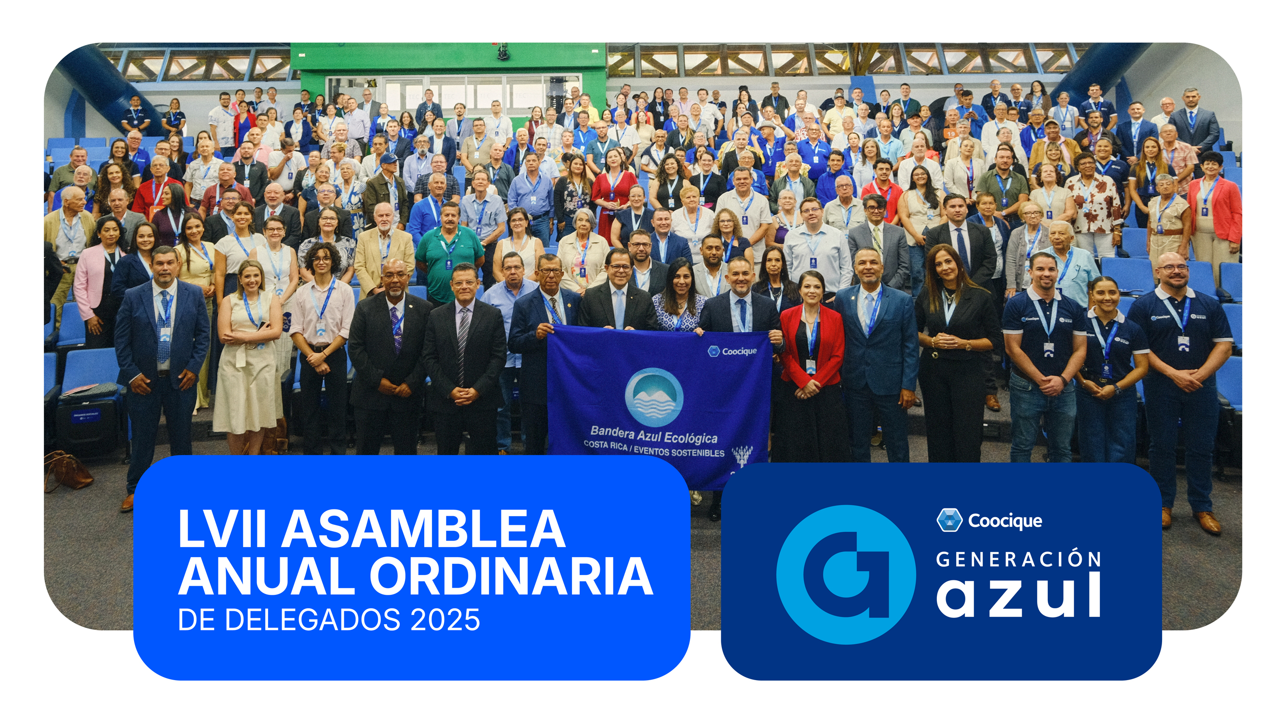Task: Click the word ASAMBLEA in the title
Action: [x=424, y=528]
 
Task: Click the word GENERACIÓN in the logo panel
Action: [x=1018, y=559]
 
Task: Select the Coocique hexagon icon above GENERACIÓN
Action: [x=949, y=521]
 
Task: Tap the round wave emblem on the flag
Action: [x=654, y=397]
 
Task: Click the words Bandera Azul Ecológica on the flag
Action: [x=654, y=434]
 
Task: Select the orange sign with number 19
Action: [x=951, y=134]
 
